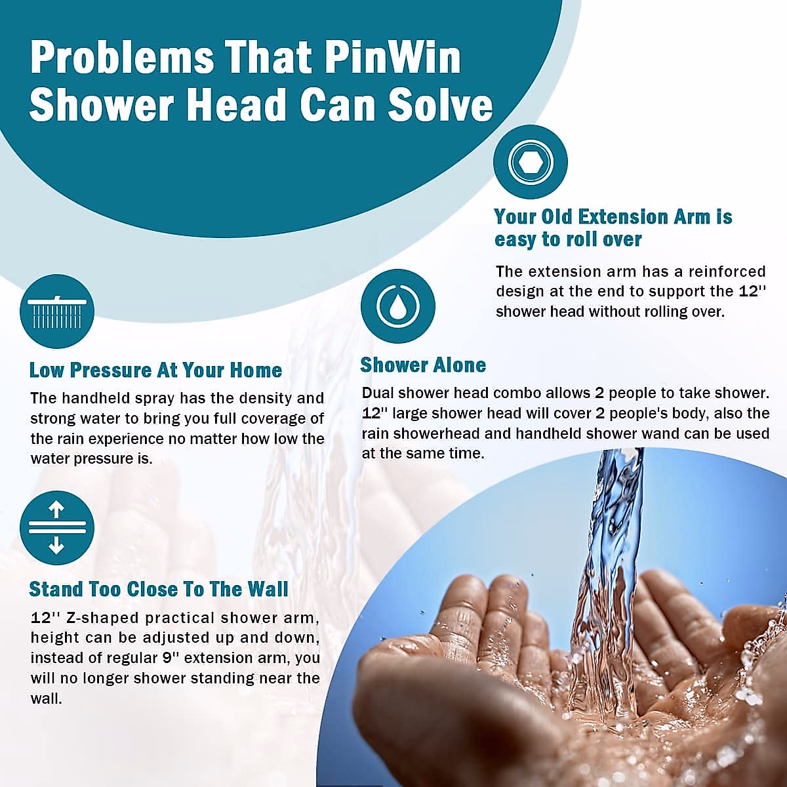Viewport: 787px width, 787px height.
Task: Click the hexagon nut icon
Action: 530,162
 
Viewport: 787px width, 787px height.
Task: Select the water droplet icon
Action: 398,306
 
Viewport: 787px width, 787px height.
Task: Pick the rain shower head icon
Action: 57,312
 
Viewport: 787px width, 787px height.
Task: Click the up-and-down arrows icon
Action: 57,528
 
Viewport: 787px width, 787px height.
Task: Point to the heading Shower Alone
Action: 423,365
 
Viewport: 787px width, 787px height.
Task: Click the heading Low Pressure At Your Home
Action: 155,370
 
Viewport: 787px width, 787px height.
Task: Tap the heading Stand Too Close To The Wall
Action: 159,589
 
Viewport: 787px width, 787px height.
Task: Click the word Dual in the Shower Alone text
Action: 376,393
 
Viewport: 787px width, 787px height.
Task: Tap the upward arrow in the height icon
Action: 56,509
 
